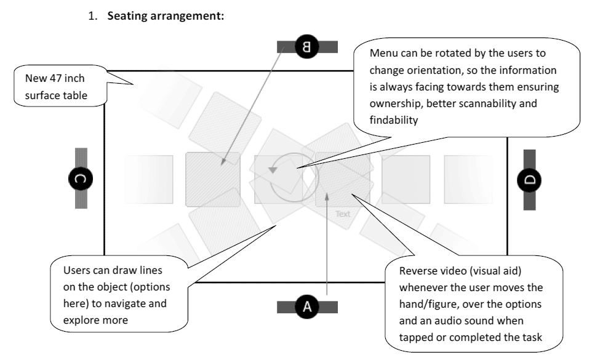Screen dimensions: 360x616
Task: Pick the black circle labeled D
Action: click(x=529, y=180)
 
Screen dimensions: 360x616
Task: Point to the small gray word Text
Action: click(x=343, y=214)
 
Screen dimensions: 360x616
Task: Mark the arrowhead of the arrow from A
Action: click(x=327, y=196)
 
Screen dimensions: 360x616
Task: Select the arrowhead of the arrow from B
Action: click(x=225, y=162)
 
